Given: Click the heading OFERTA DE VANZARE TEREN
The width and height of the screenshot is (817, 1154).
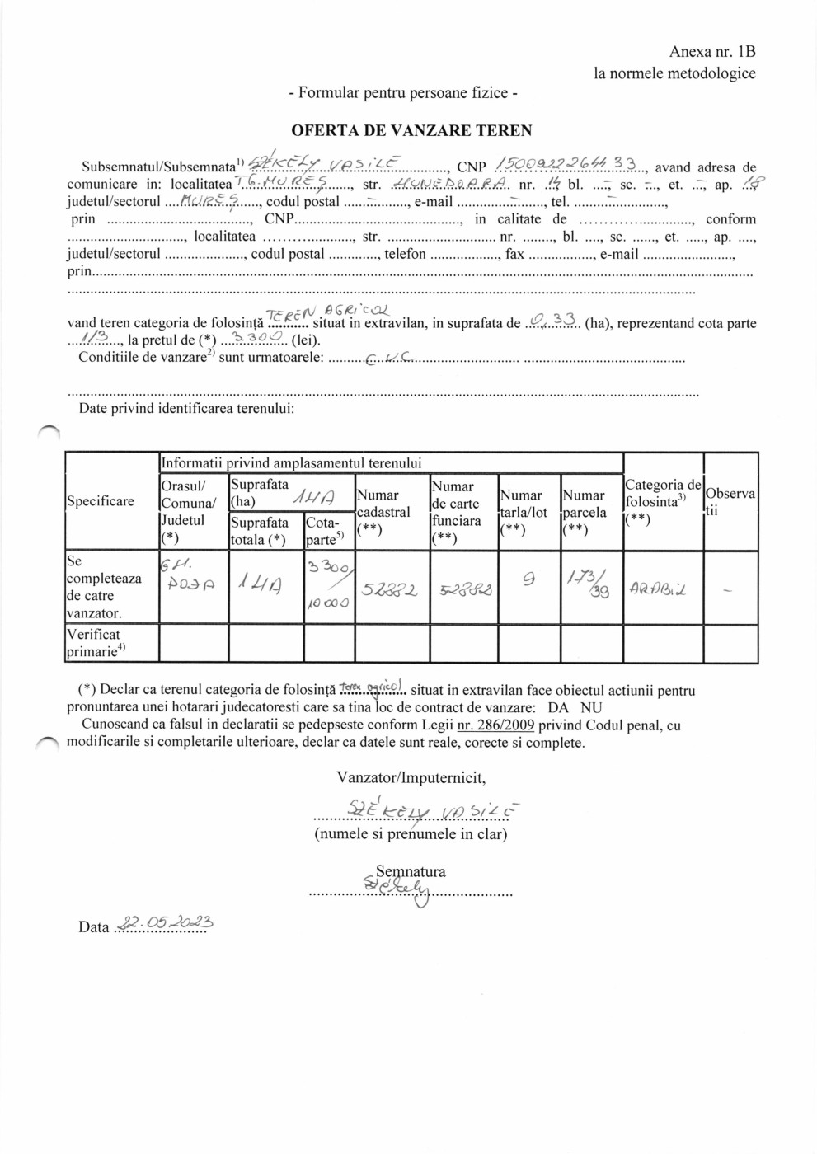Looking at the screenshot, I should tap(411, 130).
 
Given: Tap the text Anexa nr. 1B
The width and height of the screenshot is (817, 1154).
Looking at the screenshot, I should tap(711, 52).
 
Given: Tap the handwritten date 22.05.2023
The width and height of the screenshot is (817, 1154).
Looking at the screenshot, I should tap(166, 923).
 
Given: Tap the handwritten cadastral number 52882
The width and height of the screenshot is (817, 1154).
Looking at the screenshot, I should tap(390, 590).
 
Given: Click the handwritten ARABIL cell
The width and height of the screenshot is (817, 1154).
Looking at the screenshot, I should tap(658, 590).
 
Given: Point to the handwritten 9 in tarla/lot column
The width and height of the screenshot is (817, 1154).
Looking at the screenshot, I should tap(528, 579).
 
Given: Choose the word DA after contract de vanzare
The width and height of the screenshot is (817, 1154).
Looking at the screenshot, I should tap(558, 707).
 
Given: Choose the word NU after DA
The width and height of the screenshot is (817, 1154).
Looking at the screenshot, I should tap(591, 707).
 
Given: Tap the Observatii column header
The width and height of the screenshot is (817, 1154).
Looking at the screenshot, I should tap(730, 501).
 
